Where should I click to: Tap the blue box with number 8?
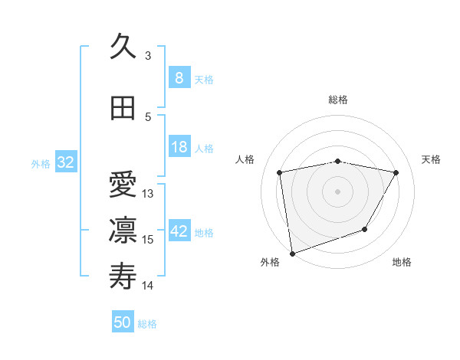click(x=179, y=78)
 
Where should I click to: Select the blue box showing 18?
click(x=179, y=147)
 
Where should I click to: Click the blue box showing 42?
click(x=179, y=231)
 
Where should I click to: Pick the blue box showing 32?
click(x=65, y=162)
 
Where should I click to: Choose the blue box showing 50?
click(x=123, y=322)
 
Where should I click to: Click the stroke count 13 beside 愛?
click(x=148, y=193)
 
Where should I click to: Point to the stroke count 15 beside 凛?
click(x=148, y=240)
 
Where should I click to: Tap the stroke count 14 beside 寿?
click(x=148, y=286)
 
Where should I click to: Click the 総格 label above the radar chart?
click(x=338, y=100)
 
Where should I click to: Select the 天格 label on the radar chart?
click(x=432, y=159)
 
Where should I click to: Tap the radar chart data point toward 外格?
click(x=292, y=253)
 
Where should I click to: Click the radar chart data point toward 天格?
click(x=396, y=173)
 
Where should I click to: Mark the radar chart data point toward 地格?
click(x=365, y=229)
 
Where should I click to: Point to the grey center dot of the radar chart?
click(x=338, y=191)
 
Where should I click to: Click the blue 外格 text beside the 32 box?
click(x=41, y=163)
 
